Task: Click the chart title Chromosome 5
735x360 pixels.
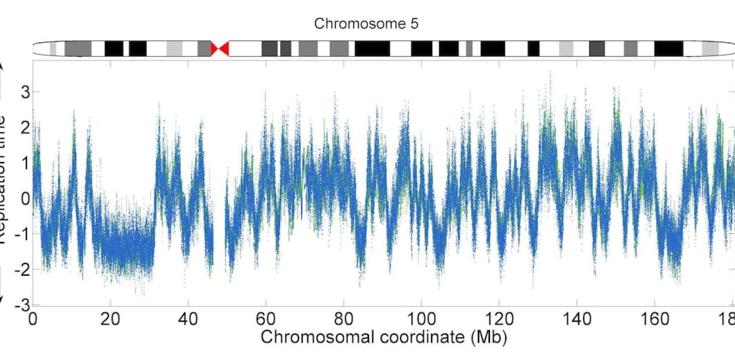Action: coord(366,24)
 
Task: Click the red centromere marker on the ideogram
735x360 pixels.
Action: coord(220,49)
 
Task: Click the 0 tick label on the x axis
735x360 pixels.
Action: coord(33,320)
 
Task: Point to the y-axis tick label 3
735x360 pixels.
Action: coord(23,92)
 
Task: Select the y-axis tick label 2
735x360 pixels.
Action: coord(23,128)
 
